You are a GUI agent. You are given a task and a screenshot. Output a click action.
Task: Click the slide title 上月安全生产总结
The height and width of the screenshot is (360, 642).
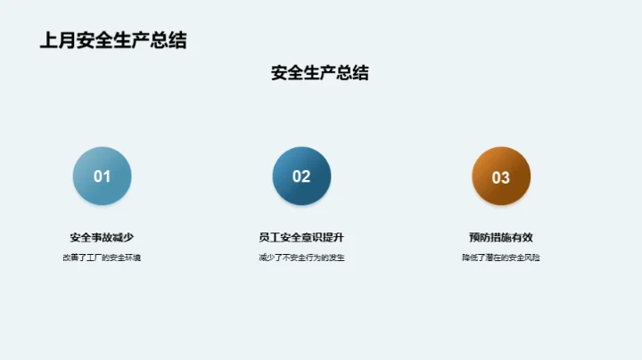pos(113,40)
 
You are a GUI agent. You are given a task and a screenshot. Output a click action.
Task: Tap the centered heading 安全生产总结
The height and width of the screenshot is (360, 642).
pos(319,73)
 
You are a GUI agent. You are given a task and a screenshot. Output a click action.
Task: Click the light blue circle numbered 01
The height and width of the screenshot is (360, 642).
pos(102,176)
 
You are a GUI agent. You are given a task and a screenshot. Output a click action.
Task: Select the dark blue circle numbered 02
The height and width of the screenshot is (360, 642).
pos(301,176)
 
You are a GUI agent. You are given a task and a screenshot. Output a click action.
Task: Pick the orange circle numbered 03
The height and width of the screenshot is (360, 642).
pos(501,176)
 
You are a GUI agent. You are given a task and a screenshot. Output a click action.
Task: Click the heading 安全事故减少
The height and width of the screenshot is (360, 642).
pos(102,237)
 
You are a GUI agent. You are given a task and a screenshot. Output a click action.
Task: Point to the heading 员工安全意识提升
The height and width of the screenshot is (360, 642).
pos(301,237)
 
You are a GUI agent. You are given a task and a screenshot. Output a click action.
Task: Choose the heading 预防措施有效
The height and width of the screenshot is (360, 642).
pos(501,237)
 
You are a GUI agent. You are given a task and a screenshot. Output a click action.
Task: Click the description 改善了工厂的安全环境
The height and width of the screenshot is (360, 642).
pos(102,258)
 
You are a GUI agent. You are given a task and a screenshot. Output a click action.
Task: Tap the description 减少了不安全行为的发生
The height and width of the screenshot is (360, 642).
pos(301,258)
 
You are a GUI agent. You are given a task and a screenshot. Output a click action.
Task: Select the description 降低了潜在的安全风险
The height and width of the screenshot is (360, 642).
pos(501,258)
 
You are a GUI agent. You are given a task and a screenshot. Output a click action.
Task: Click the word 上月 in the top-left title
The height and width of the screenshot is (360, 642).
pos(58,40)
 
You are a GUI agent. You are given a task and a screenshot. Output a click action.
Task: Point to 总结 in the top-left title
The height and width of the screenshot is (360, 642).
pos(169,40)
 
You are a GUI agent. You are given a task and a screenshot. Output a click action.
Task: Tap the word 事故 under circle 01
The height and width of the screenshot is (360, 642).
pos(102,237)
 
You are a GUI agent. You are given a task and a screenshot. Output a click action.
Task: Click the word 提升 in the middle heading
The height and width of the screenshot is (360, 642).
pos(333,237)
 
